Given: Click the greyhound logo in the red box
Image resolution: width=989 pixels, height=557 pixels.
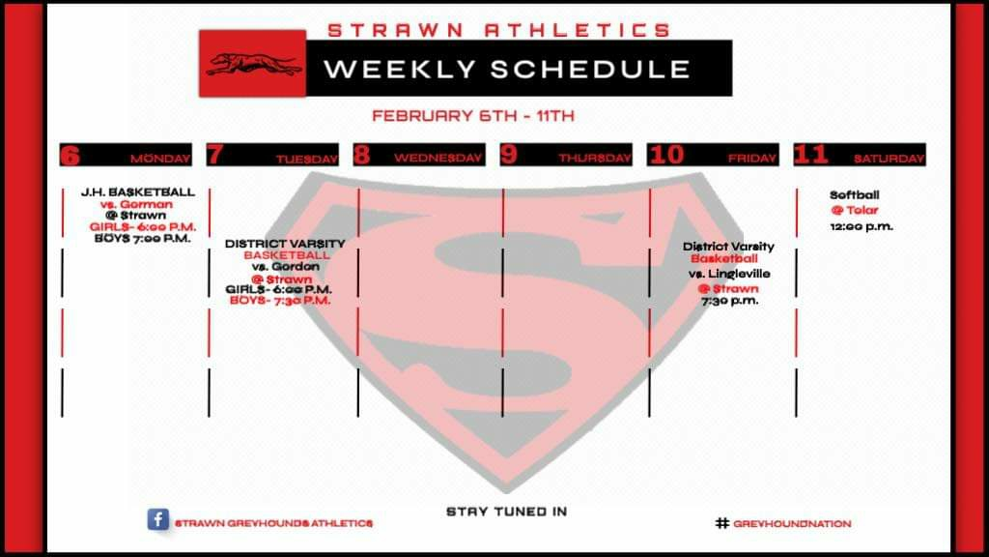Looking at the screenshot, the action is pyautogui.click(x=254, y=64).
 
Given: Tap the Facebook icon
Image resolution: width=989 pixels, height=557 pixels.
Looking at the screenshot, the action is pyautogui.click(x=157, y=519).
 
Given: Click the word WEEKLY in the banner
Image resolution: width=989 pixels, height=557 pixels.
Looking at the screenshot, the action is pyautogui.click(x=400, y=69).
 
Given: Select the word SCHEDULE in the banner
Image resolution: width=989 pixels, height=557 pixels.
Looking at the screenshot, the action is pyautogui.click(x=590, y=69).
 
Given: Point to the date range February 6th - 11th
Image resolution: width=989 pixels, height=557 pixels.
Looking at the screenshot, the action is pyautogui.click(x=473, y=116).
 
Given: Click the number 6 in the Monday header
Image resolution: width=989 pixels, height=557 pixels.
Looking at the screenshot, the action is pyautogui.click(x=70, y=155).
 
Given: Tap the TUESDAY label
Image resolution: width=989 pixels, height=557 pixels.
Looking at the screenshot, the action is pyautogui.click(x=306, y=160).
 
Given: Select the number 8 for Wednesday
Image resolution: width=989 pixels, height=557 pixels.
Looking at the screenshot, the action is pyautogui.click(x=361, y=155).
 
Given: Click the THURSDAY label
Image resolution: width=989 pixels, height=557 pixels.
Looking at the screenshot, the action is pyautogui.click(x=595, y=159).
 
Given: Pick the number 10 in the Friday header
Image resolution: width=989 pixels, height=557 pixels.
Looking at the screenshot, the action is pyautogui.click(x=666, y=155).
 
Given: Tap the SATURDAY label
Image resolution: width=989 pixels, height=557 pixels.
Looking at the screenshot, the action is pyautogui.click(x=889, y=159).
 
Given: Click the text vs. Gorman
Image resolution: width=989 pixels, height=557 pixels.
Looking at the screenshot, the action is pyautogui.click(x=136, y=204).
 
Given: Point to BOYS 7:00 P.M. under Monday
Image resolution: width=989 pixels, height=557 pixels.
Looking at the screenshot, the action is pyautogui.click(x=143, y=238).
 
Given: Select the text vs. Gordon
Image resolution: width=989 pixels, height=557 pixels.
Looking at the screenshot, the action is pyautogui.click(x=285, y=267).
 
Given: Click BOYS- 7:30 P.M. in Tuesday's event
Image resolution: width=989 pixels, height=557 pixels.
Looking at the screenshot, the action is pyautogui.click(x=280, y=300).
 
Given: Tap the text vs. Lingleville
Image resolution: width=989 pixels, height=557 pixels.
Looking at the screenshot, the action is pyautogui.click(x=729, y=274).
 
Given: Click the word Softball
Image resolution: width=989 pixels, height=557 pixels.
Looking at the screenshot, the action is pyautogui.click(x=854, y=195).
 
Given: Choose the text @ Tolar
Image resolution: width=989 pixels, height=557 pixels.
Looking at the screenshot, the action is pyautogui.click(x=855, y=210).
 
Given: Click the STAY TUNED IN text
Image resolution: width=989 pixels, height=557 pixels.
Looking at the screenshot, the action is pyautogui.click(x=506, y=512).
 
